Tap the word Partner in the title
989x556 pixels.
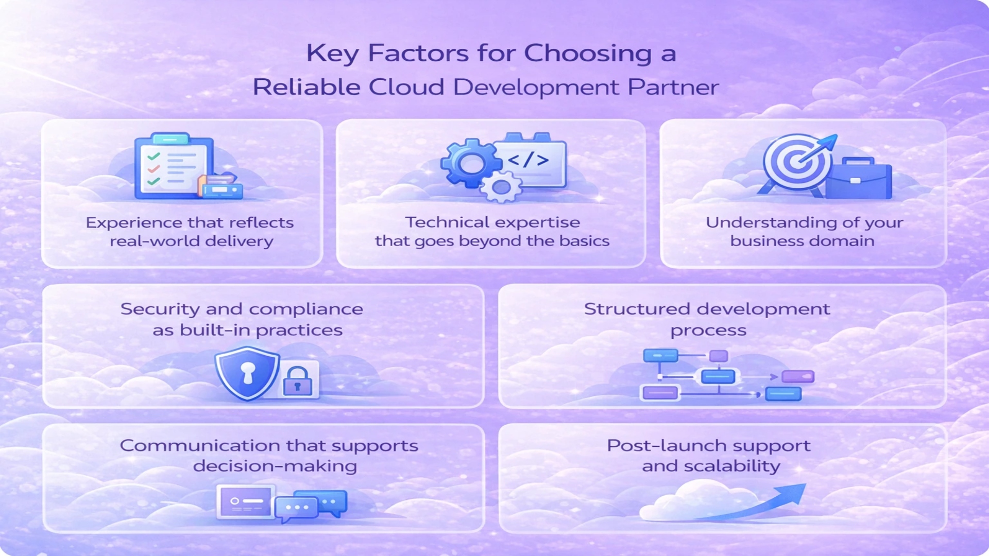673,87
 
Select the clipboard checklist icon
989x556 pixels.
174,166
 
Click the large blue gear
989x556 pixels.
471,163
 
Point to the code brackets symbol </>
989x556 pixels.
528,160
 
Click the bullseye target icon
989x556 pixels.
797,163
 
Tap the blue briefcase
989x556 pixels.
858,178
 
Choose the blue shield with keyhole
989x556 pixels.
247,373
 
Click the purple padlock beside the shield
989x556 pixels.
298,381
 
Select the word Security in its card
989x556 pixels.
160,309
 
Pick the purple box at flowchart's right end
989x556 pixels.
798,377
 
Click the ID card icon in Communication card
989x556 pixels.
246,501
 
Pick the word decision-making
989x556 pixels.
275,466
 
